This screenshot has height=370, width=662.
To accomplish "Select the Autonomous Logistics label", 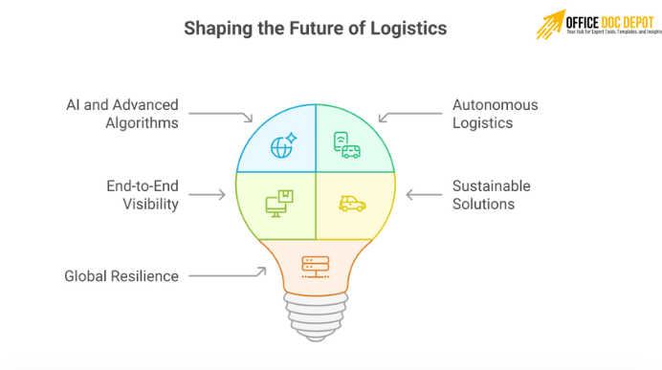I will point(495,114).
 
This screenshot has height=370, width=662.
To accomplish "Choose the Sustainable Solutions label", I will point(492,194).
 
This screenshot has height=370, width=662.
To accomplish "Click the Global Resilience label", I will point(121,276).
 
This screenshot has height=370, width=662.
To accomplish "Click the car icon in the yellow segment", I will point(351,203).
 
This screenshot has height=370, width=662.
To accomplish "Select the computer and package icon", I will point(280,202).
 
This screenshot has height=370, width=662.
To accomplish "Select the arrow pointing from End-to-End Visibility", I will point(210,194).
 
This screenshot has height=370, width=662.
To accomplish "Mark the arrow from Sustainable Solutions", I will point(424,194).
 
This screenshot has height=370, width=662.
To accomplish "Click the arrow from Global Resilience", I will point(228,275).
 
